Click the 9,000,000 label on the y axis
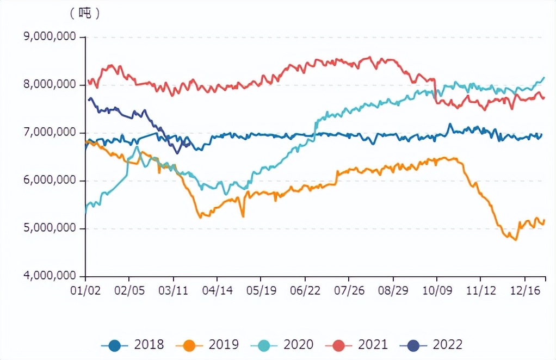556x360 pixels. click(50, 37)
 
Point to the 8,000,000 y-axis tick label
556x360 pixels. click(50, 85)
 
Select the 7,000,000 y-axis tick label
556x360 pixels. click(50, 133)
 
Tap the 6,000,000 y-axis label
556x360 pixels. click(50, 181)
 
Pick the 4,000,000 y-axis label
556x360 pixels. click(50, 276)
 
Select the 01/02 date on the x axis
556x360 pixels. click(86, 290)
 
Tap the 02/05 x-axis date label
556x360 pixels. click(129, 290)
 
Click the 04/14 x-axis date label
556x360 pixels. click(217, 290)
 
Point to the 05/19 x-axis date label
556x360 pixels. click(261, 290)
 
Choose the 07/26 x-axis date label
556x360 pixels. click(349, 290)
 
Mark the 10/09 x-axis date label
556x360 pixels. click(436, 290)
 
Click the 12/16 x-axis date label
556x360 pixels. click(524, 290)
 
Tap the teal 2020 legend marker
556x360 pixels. click(264, 345)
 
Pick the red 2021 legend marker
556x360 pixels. click(339, 345)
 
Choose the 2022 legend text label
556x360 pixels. click(448, 345)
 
